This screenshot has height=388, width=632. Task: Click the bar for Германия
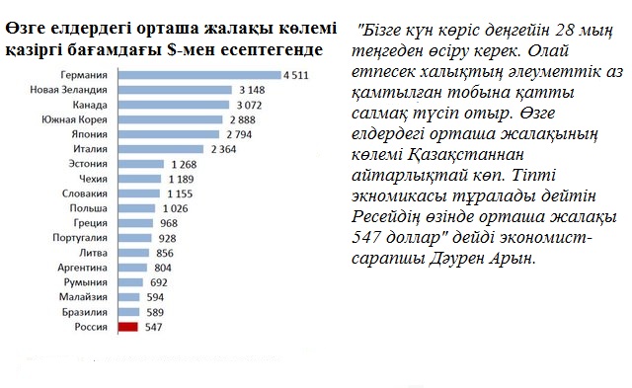(197, 75)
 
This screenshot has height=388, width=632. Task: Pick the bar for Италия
(159, 148)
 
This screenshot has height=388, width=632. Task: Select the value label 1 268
(185, 163)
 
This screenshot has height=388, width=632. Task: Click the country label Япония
(92, 133)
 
